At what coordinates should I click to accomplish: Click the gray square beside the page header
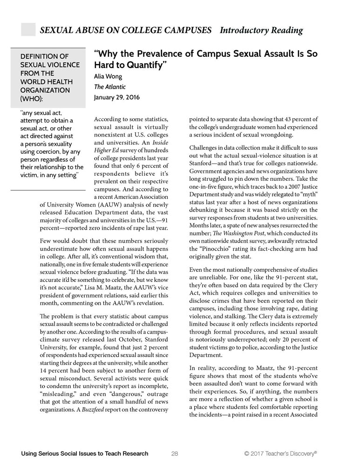(x=28, y=29)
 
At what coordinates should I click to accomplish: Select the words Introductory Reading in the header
(x=261, y=31)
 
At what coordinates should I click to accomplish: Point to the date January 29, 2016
(x=116, y=98)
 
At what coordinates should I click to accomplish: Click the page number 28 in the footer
(x=175, y=453)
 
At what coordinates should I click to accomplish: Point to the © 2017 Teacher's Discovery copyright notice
(x=280, y=453)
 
